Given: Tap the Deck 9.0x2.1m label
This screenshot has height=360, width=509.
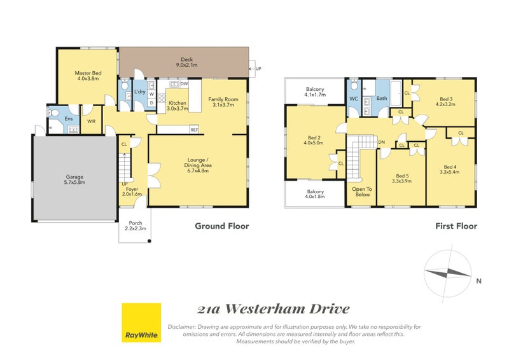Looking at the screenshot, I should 186,61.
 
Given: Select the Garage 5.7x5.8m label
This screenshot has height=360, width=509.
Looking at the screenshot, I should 75,179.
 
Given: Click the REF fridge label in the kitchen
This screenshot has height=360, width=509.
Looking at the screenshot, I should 194,130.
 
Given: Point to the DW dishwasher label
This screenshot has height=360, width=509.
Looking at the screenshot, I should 184,84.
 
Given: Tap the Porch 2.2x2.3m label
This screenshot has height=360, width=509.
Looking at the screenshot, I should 135,226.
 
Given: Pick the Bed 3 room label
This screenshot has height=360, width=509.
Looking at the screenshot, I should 446,102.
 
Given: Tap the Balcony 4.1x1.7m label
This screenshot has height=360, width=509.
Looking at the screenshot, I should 315,92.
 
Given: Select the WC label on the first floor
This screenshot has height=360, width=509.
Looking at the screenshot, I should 354,99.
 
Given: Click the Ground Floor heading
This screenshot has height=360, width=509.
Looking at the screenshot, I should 221,226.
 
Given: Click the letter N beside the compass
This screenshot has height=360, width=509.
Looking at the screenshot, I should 478,280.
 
